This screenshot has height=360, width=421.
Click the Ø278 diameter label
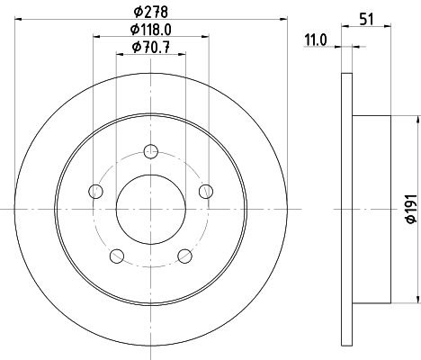[x=151, y=12]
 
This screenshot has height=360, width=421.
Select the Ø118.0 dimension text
[x=151, y=30]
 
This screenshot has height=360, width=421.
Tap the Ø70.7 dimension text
[x=151, y=47]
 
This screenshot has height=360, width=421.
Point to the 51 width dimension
[x=366, y=20]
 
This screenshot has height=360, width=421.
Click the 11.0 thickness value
[x=316, y=40]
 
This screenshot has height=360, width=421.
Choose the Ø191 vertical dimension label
[x=411, y=209]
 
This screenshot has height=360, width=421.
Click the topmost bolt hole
[x=151, y=151]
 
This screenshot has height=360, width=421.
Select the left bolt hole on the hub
[x=96, y=191]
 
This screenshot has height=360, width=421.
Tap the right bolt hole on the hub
[x=206, y=191]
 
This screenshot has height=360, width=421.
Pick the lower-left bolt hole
[x=117, y=256]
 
